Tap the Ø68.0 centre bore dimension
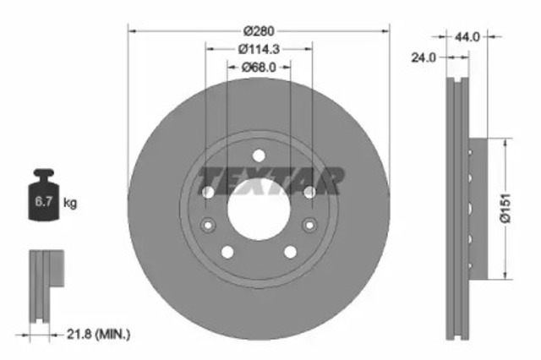click(259, 68)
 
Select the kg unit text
click(71, 203)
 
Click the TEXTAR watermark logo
click(270, 180)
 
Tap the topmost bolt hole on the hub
click(259, 155)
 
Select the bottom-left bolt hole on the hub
click(227, 252)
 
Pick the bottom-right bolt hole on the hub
click(290, 252)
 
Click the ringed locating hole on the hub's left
click(208, 225)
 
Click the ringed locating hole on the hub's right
click(309, 225)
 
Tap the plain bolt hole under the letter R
click(309, 194)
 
